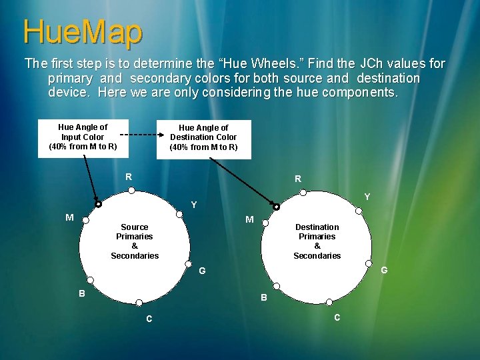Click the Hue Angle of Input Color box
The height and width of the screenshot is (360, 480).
click(x=83, y=137)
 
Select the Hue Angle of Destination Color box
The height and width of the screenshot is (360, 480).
click(x=203, y=137)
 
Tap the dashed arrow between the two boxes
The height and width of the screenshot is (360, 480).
click(x=142, y=133)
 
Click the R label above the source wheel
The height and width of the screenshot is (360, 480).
click(x=129, y=177)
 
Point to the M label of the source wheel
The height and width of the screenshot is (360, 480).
click(x=69, y=217)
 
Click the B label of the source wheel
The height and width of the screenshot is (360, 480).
click(x=82, y=293)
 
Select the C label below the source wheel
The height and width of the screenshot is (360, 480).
click(x=149, y=319)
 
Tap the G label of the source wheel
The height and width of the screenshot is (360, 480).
click(x=202, y=271)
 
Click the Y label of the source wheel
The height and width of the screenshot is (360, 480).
click(x=193, y=205)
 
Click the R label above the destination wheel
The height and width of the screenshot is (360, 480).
click(x=298, y=179)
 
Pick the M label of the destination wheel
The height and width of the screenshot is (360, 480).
click(x=249, y=219)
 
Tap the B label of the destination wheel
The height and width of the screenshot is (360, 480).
click(x=263, y=298)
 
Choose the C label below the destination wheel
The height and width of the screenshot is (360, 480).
click(x=337, y=317)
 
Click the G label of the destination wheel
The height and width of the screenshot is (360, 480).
click(x=384, y=270)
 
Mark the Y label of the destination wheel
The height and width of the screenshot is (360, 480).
click(x=367, y=197)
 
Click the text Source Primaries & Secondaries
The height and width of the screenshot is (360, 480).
click(x=135, y=241)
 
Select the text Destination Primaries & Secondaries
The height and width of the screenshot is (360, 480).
click(x=317, y=241)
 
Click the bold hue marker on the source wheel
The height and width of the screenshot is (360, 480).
click(x=99, y=205)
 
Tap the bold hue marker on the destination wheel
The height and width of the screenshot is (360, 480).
click(x=277, y=206)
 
